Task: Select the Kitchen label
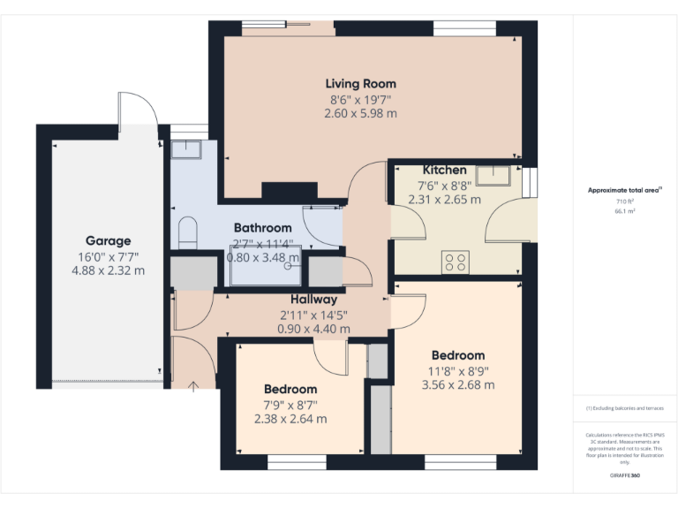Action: (444, 170)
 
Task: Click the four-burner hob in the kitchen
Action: (456, 261)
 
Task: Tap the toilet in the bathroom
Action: (188, 233)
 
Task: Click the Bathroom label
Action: (262, 228)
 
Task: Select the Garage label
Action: (109, 240)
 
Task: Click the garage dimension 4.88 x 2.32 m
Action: (109, 270)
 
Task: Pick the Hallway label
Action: (313, 300)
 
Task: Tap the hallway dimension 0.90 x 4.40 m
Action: (313, 329)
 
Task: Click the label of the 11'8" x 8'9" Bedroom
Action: (457, 355)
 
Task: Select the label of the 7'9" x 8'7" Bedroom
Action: (290, 389)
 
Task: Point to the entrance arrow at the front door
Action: (193, 385)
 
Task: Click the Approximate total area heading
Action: (625, 190)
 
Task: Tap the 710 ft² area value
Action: (625, 201)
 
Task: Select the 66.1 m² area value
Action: (625, 211)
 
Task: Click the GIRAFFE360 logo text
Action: (625, 476)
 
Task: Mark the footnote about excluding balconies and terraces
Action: (625, 408)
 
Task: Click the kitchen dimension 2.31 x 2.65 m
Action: (444, 200)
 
